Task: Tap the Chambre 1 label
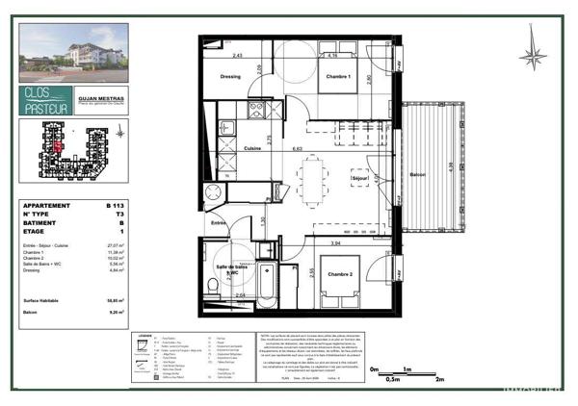[336, 76]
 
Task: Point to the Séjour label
[358, 178]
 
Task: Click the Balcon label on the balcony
[417, 174]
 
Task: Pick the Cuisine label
[253, 148]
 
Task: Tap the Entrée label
[220, 222]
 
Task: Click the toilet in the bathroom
[212, 285]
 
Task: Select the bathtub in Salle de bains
[269, 285]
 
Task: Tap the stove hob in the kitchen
[227, 127]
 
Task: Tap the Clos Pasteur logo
[45, 100]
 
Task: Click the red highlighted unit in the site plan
[58, 145]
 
